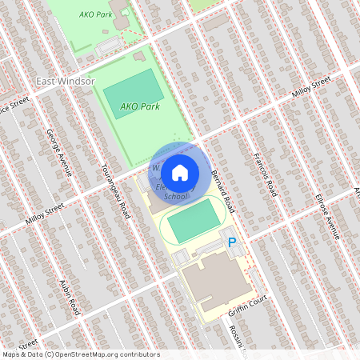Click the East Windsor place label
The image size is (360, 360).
pyautogui.click(x=66, y=81)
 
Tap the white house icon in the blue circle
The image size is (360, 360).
pyautogui.click(x=180, y=171)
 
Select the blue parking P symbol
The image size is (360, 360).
pyautogui.click(x=233, y=242)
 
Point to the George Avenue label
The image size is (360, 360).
pyautogui.click(x=59, y=152)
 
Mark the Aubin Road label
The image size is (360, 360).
pyautogui.click(x=70, y=297)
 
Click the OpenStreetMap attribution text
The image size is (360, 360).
pyautogui.click(x=80, y=354)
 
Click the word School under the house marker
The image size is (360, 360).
pyautogui.click(x=176, y=197)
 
